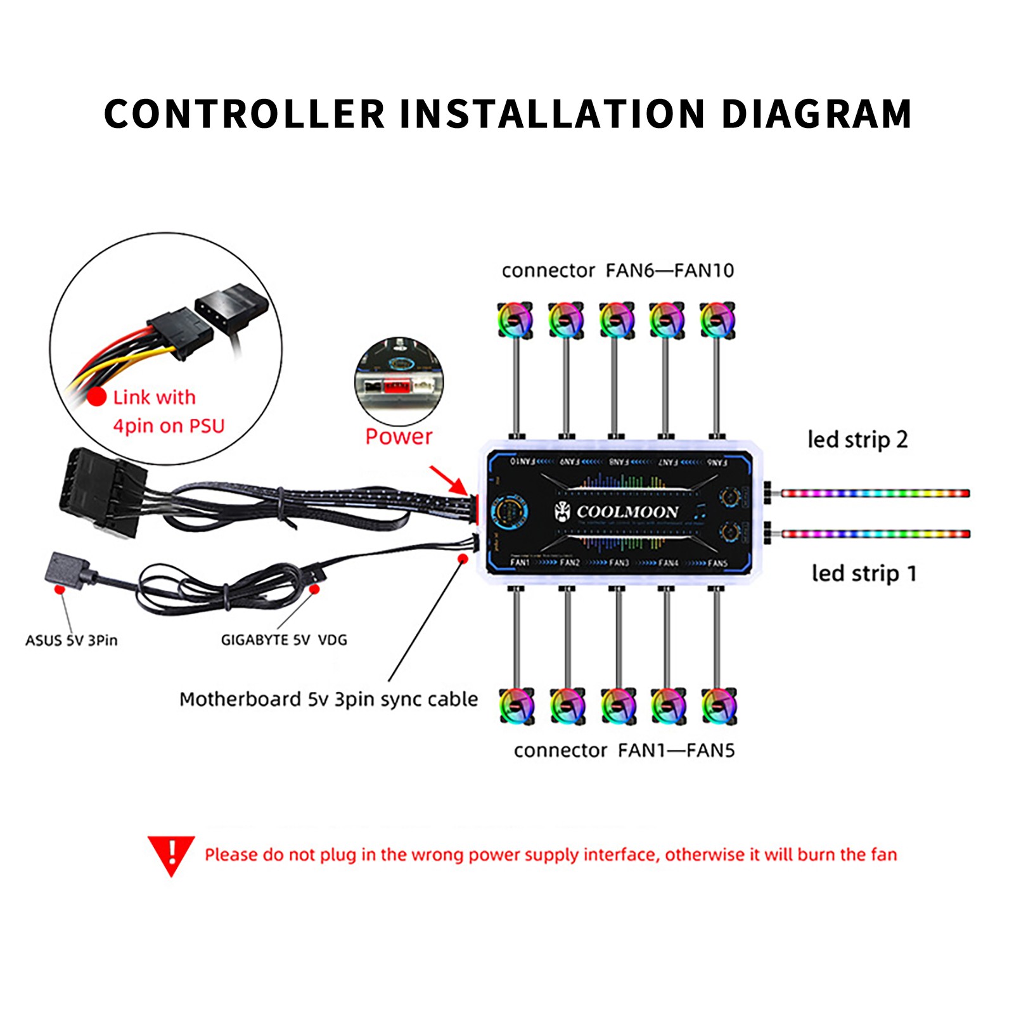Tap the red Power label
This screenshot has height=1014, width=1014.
[x=399, y=437]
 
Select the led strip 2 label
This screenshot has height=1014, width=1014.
[x=857, y=440]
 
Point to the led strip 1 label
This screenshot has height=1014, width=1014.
[x=864, y=574]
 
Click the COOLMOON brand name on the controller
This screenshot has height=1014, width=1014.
[x=627, y=512]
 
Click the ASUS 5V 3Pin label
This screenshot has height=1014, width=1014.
[x=72, y=641]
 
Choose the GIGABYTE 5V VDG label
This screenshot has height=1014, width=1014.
[x=284, y=640]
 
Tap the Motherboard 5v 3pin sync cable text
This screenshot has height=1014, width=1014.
[x=328, y=699]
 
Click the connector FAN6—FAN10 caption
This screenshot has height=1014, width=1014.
[x=617, y=271]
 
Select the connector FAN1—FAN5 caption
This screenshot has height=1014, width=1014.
[x=624, y=750]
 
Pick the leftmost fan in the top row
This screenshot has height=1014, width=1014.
[x=515, y=320]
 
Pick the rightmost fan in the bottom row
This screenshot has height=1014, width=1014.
[x=719, y=705]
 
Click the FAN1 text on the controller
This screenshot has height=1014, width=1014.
[x=520, y=563]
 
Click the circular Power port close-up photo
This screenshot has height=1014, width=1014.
[x=399, y=382]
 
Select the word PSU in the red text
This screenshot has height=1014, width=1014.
[x=207, y=426]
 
